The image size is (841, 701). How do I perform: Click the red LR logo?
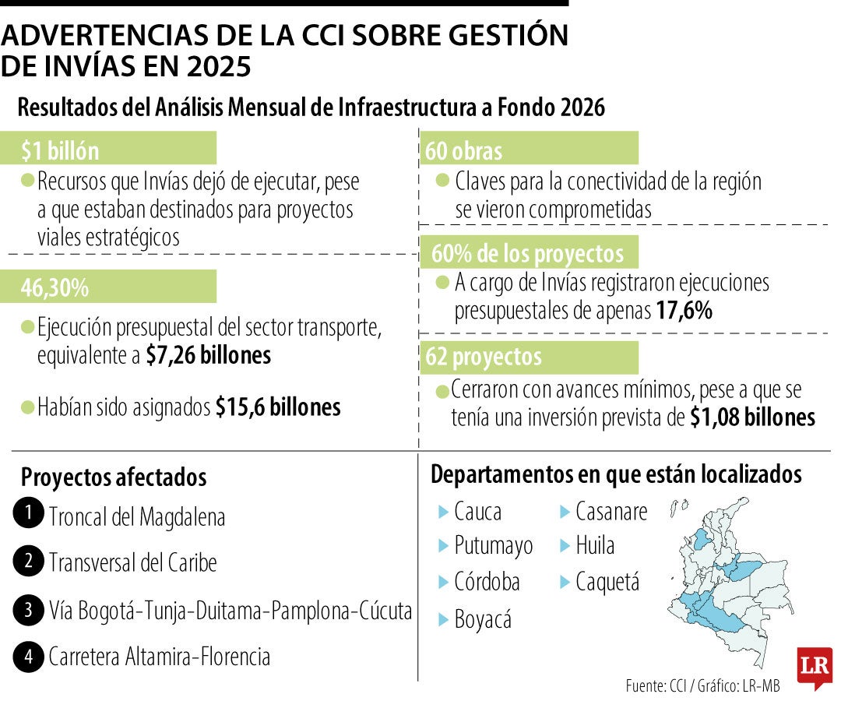click(x=814, y=667)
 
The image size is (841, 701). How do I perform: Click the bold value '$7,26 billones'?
click(x=208, y=355)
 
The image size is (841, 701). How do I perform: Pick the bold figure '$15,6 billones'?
click(x=278, y=407)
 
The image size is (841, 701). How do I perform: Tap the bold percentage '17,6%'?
click(x=684, y=311)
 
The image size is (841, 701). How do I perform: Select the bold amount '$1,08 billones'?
click(x=752, y=417)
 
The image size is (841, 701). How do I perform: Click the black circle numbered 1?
click(x=28, y=514)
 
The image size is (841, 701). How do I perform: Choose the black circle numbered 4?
click(x=28, y=657)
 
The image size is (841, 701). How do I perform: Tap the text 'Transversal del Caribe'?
click(x=132, y=562)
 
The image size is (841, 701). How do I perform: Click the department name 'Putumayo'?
click(x=494, y=545)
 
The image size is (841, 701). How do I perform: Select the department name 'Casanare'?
click(x=611, y=512)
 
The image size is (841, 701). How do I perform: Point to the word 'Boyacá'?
click(x=483, y=620)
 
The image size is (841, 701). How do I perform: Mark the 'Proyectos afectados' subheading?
click(x=114, y=477)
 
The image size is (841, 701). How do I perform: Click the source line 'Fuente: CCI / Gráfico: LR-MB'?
click(x=702, y=686)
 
